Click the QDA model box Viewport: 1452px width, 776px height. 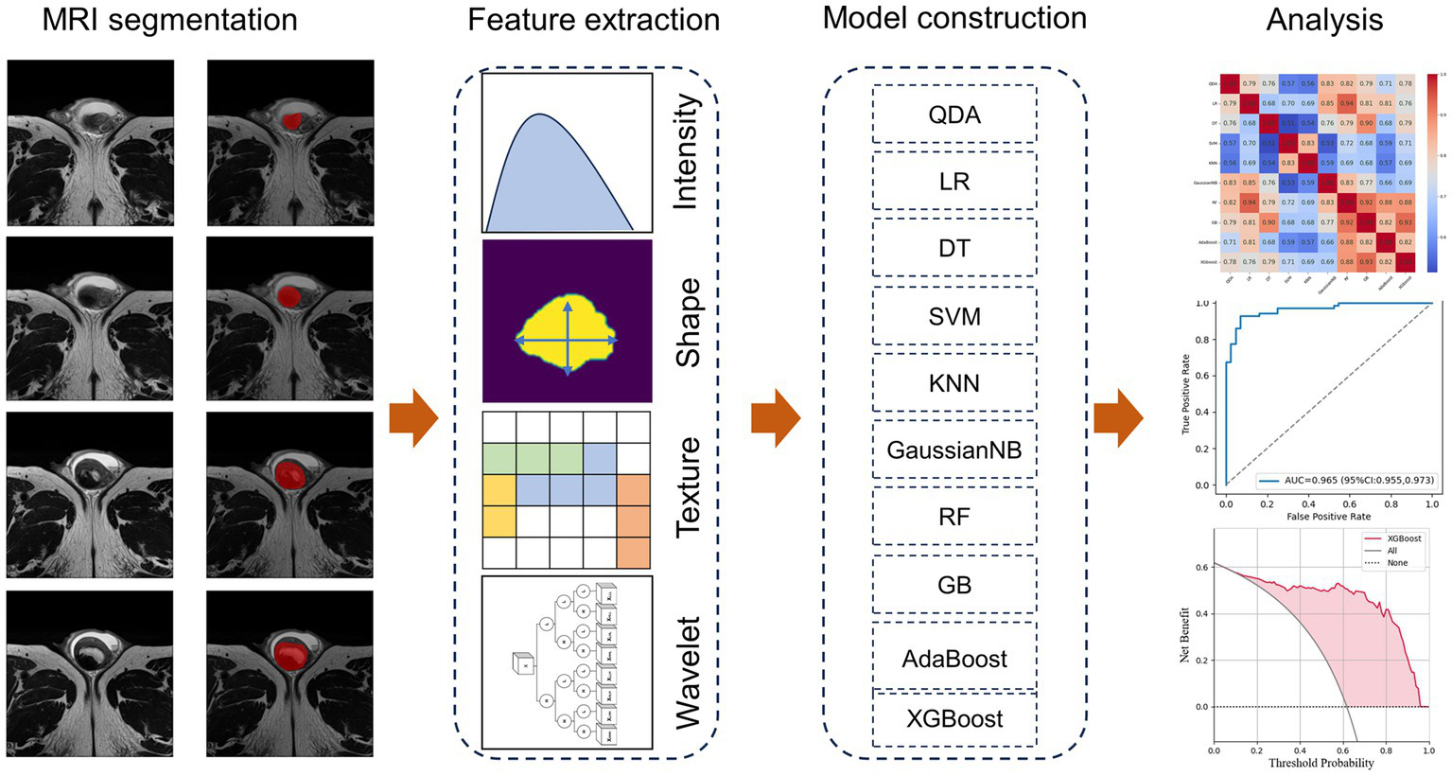(953, 115)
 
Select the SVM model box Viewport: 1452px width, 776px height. (953, 316)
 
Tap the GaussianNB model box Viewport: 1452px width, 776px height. (953, 450)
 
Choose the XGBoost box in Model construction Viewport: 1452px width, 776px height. (953, 719)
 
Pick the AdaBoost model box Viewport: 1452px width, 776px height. (953, 659)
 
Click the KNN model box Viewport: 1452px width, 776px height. (953, 383)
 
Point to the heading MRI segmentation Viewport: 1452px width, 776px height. (169, 20)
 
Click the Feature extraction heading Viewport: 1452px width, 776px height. (593, 20)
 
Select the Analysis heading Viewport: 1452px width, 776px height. (1324, 20)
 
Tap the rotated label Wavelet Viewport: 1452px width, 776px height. (688, 673)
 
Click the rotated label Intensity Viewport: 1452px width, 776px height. (684, 151)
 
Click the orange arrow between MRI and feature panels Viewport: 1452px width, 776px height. (413, 417)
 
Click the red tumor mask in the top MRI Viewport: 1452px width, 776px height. (293, 120)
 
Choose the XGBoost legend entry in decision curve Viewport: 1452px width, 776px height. (1404, 538)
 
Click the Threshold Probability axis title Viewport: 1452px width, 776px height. (1321, 763)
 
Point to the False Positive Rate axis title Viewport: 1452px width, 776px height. (1328, 517)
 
